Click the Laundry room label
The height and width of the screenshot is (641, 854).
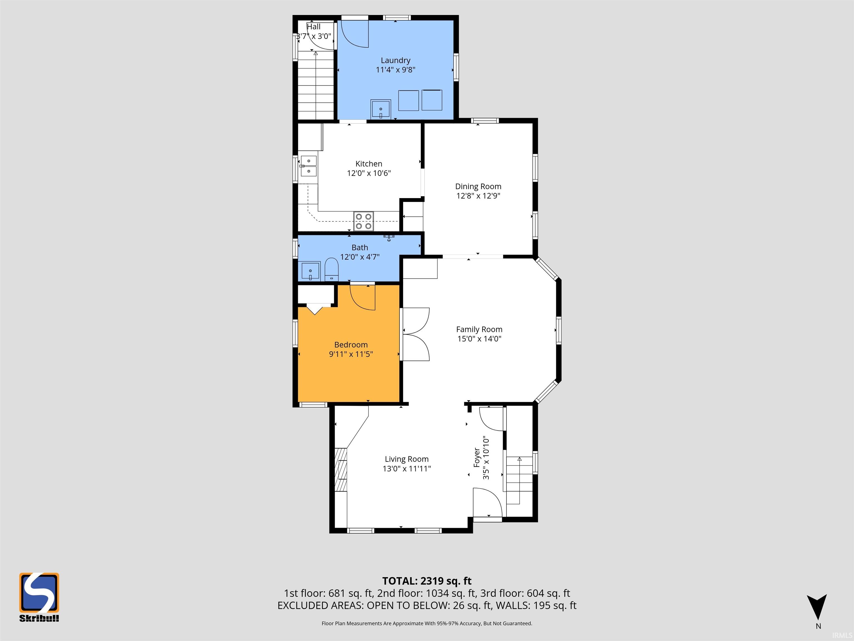(x=395, y=60)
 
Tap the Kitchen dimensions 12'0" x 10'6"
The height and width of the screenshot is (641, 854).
(x=369, y=173)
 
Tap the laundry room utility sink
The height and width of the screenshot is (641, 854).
(x=381, y=110)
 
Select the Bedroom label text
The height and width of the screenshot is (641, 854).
(x=351, y=345)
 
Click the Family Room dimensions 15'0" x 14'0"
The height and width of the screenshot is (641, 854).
(x=479, y=339)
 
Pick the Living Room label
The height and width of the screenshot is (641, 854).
(x=406, y=459)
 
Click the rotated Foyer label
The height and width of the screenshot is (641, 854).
(x=476, y=458)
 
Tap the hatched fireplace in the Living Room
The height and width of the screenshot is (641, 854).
(x=341, y=469)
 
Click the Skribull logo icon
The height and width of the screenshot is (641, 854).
(x=39, y=592)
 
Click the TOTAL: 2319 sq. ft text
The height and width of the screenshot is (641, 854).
(x=427, y=581)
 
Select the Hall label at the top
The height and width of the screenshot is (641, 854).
(x=314, y=27)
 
